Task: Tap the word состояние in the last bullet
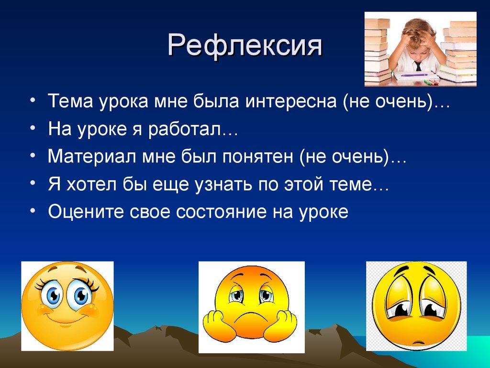(229, 211)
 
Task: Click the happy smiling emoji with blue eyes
(67, 305)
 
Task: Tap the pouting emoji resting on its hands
(251, 307)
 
